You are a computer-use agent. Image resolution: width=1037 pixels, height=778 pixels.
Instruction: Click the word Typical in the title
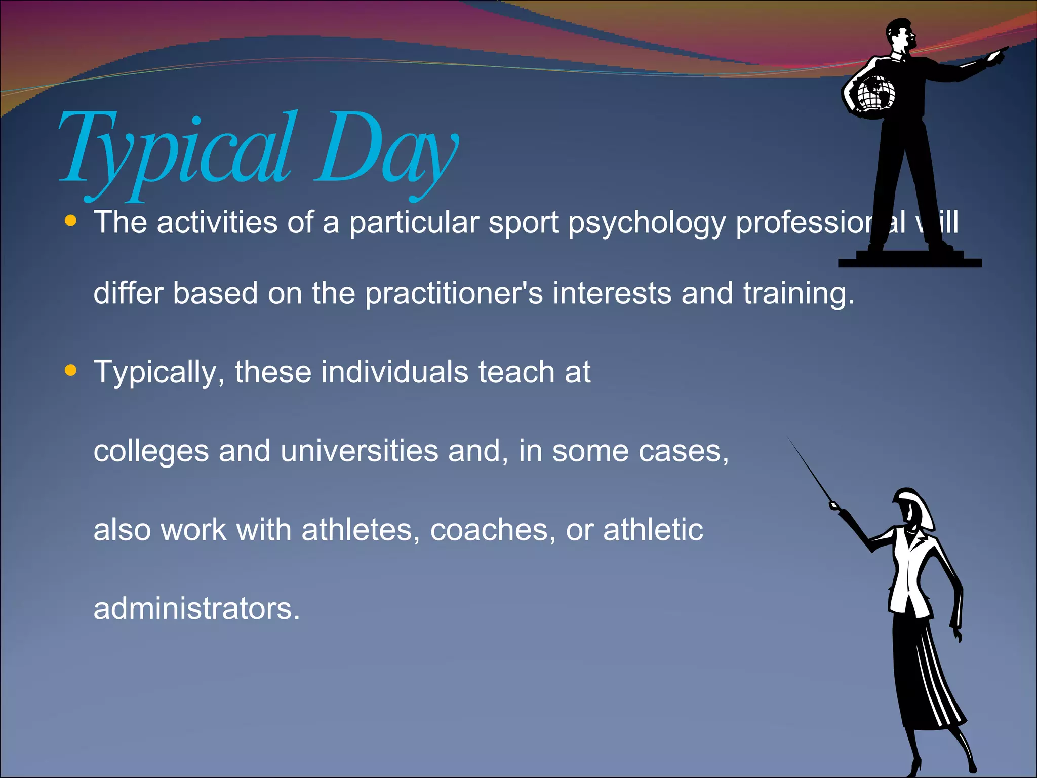point(175,149)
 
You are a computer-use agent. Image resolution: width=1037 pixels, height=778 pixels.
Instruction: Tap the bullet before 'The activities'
point(71,221)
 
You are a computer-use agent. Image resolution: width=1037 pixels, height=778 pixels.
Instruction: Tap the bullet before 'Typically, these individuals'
point(71,371)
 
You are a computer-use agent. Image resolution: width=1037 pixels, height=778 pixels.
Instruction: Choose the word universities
point(359,451)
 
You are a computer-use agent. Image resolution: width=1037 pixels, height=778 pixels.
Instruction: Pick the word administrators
point(196,608)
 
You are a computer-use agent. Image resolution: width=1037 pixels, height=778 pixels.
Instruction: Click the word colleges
point(151,452)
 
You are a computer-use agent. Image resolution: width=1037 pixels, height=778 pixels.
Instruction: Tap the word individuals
point(394,372)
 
